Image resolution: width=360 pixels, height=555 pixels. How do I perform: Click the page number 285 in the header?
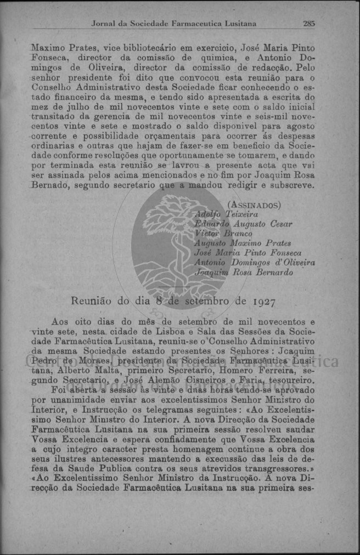tap(308, 24)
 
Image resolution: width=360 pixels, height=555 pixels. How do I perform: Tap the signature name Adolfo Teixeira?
tap(226, 214)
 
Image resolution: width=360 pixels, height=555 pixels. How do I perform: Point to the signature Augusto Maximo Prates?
tap(243, 243)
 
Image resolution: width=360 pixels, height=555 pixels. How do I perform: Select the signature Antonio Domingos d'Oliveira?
tap(255, 263)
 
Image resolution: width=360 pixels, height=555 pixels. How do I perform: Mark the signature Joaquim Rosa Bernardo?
tap(244, 273)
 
